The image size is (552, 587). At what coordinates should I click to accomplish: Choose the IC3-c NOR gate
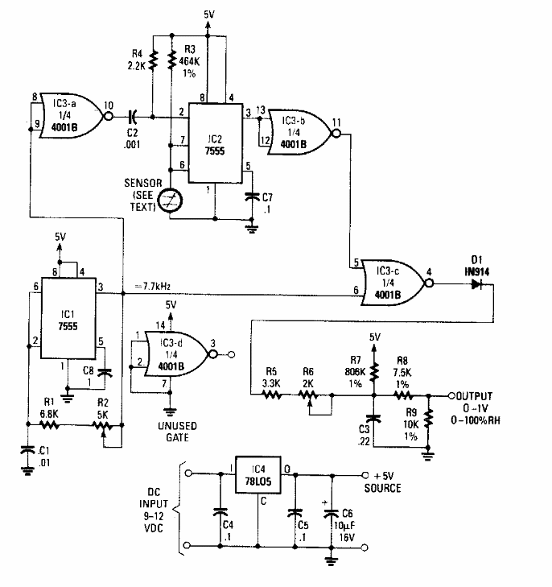[x=390, y=280]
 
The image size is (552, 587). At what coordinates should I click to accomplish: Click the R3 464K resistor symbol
[x=171, y=58]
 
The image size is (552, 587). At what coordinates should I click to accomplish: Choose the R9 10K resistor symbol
[x=429, y=417]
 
